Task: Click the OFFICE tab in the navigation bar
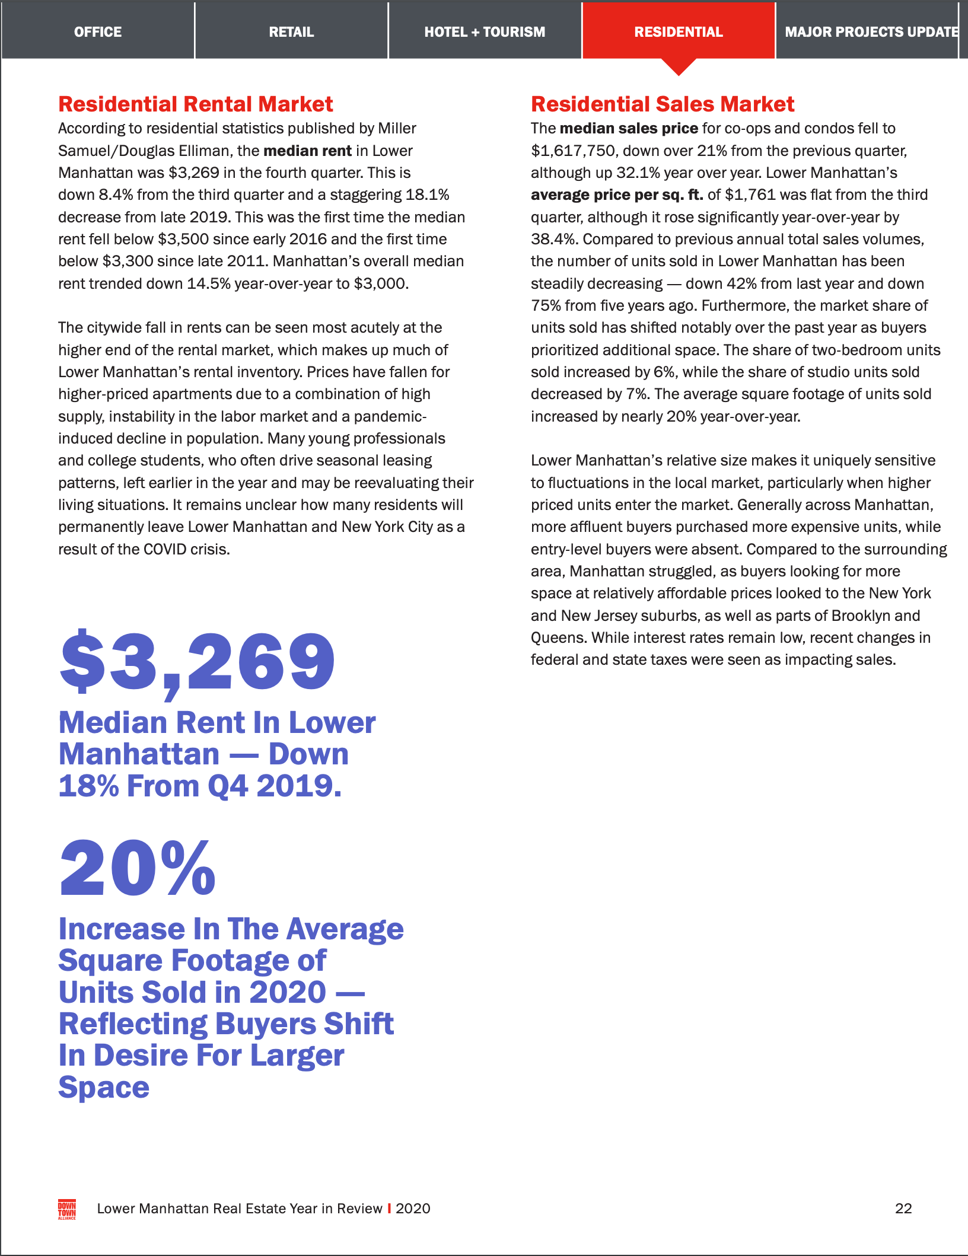point(98,31)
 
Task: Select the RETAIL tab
point(291,31)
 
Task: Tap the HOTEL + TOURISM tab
point(485,31)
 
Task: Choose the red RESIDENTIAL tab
point(679,31)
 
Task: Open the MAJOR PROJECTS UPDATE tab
point(871,31)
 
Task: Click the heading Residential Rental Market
point(196,104)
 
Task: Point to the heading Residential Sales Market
point(662,104)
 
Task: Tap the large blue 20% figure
point(138,868)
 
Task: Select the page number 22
point(903,1209)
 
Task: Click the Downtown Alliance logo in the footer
point(67,1209)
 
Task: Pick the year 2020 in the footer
point(413,1209)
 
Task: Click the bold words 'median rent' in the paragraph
point(307,151)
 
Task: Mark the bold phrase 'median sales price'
point(629,129)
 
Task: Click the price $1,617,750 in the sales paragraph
point(573,151)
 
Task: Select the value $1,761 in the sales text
point(750,195)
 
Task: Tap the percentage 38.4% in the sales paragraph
point(552,240)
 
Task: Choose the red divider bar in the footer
point(389,1209)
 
